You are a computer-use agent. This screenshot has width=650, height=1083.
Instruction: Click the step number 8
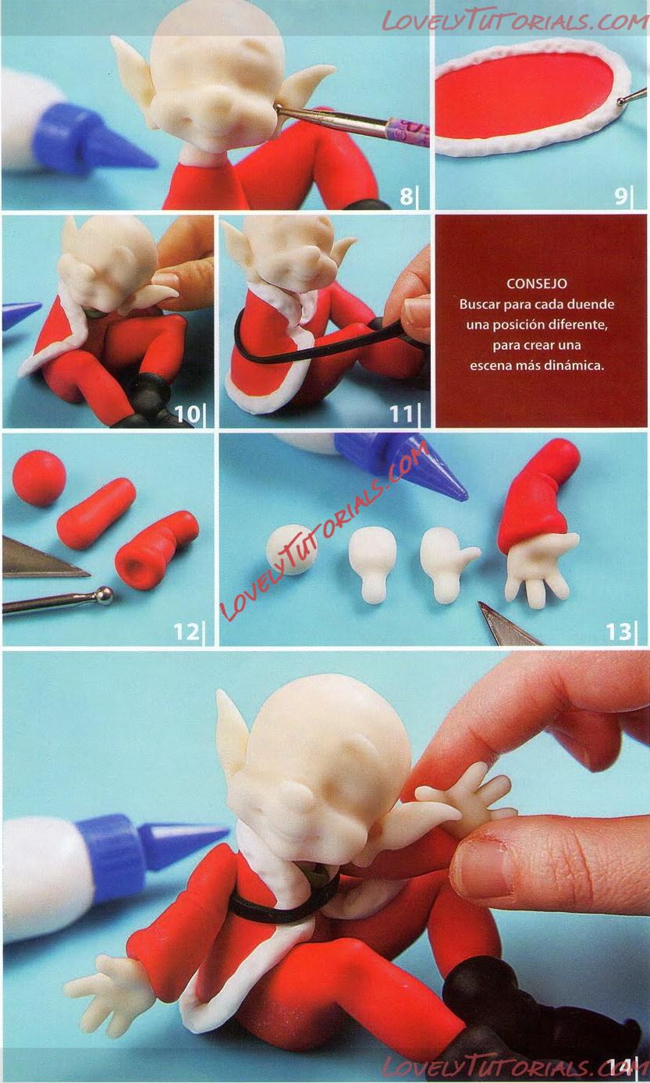click(407, 197)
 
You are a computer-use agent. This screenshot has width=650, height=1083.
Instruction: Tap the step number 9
click(621, 197)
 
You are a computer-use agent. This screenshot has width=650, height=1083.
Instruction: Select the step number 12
click(186, 632)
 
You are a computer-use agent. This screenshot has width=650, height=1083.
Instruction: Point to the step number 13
click(619, 632)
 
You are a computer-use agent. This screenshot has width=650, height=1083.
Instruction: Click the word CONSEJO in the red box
click(536, 283)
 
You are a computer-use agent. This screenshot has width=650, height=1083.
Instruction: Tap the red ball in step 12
click(39, 478)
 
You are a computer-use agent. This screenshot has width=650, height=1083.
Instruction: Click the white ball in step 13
click(292, 550)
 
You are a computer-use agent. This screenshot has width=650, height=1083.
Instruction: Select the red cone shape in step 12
click(96, 514)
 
